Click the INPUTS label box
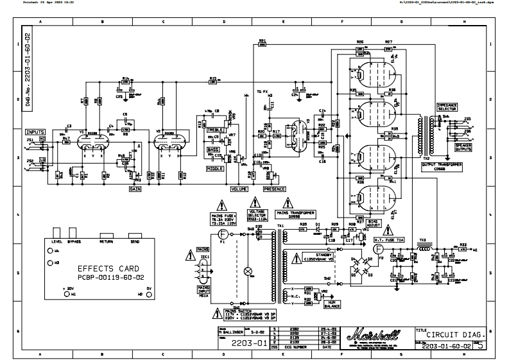36,131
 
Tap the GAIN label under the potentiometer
135,190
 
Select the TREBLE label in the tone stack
215,130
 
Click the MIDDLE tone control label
214,168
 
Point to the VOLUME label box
239,189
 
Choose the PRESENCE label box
275,189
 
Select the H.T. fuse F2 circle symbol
379,248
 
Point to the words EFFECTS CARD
107,268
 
